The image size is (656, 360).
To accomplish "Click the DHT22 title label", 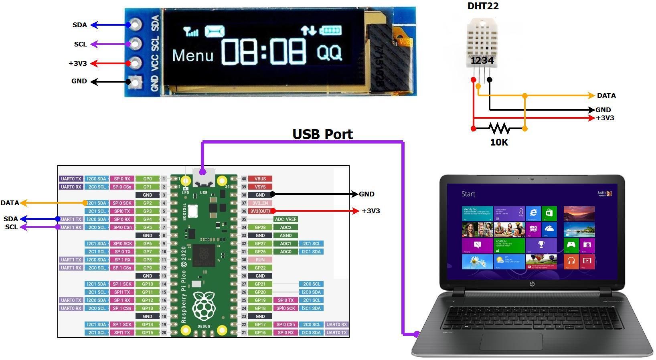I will [x=483, y=6].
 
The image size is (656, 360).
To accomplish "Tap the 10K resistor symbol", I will [x=499, y=129].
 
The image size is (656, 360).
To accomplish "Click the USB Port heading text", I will [x=322, y=134].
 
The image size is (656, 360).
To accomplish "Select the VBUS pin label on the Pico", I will [x=260, y=179].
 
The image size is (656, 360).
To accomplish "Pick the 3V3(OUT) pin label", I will [x=260, y=211].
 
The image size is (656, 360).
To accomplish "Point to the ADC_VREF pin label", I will [x=285, y=219].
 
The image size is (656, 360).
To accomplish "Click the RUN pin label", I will [x=260, y=260].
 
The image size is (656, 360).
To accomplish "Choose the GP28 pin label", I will [x=260, y=227].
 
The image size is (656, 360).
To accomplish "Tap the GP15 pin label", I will [x=148, y=332].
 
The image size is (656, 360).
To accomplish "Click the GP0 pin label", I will [x=148, y=179].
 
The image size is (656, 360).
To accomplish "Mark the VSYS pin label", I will [x=260, y=187].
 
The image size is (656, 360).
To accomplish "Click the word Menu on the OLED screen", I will [x=192, y=56].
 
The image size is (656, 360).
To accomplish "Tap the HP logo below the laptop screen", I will [x=532, y=284].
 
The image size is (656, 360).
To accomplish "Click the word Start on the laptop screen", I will [x=468, y=194].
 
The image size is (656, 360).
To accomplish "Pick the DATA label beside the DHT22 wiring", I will [x=606, y=96].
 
